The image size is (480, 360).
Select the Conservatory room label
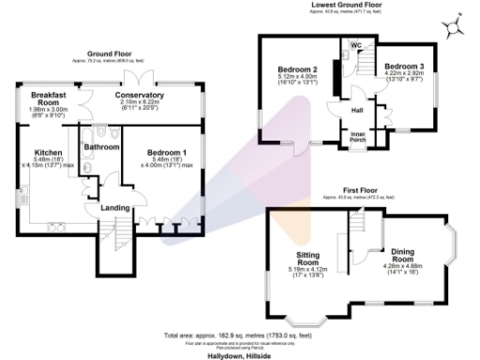coord(140,95)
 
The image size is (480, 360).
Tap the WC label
coord(356,45)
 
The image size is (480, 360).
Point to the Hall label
coord(357,111)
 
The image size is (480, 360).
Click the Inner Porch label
coord(357,137)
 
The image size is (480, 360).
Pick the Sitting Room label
coord(308,259)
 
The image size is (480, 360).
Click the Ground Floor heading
coord(109,54)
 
